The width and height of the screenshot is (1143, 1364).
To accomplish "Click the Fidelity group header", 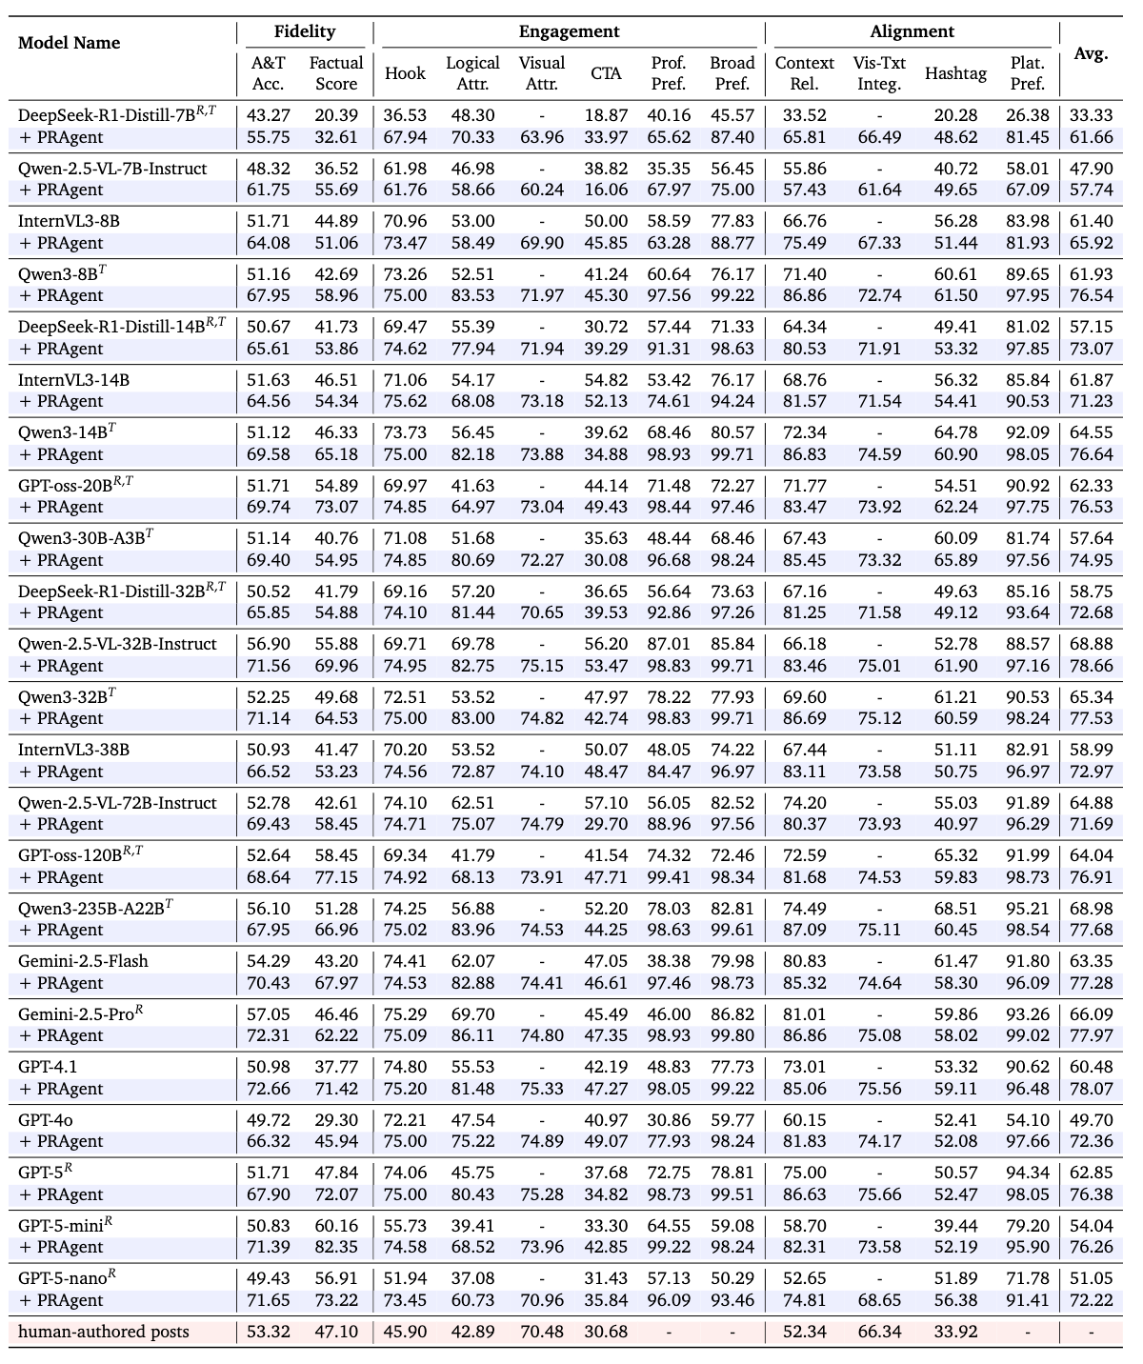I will [x=305, y=31].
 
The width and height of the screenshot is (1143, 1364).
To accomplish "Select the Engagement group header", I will [x=569, y=31].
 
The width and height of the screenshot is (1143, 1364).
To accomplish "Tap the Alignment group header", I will [x=912, y=31].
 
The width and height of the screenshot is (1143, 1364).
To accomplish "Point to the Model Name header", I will [x=70, y=43].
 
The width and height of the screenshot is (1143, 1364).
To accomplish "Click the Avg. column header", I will [x=1091, y=53].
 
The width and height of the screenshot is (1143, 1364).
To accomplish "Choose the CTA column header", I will [x=606, y=73].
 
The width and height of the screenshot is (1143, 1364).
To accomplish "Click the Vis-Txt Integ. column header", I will [x=879, y=73].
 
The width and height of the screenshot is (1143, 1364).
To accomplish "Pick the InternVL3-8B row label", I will [x=69, y=221].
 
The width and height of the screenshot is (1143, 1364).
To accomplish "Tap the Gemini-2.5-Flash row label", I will [x=83, y=961].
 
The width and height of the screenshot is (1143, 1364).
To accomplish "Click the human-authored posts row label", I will [x=104, y=1332].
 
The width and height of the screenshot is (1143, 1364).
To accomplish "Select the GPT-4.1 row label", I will [x=48, y=1067].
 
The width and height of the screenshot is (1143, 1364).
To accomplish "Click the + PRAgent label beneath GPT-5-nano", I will [x=61, y=1300].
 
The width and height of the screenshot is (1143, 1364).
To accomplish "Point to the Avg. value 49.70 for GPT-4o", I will [x=1091, y=1120].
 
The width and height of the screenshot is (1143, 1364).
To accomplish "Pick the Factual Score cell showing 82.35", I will [x=336, y=1247].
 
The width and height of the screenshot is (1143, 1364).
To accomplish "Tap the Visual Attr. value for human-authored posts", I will [x=541, y=1332].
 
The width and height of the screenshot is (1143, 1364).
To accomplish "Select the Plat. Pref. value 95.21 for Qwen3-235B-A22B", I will [x=1028, y=909].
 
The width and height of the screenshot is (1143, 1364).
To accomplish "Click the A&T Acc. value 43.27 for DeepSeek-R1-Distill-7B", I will [x=268, y=115].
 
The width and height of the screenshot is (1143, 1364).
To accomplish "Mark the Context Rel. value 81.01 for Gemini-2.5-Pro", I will [x=804, y=1014].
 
